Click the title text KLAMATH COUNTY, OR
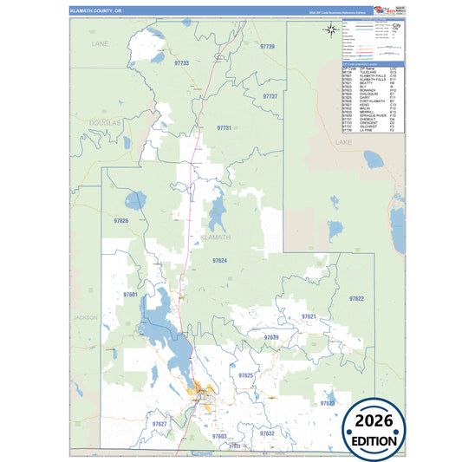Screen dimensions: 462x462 (98, 10)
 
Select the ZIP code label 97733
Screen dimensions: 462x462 (181, 63)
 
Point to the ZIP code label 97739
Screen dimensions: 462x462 (267, 46)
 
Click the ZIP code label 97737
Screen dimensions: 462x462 (270, 96)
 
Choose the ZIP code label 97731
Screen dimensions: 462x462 (224, 127)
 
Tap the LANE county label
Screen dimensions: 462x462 (101, 42)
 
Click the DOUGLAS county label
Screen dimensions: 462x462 (104, 124)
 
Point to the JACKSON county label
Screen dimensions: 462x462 (85, 318)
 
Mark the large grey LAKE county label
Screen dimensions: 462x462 (343, 141)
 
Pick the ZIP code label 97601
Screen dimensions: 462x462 (131, 295)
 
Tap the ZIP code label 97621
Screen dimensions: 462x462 (309, 316)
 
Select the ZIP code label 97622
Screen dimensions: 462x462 (356, 298)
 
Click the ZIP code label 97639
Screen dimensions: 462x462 (270, 336)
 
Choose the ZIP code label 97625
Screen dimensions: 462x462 (245, 375)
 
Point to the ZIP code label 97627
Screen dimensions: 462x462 (159, 423)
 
